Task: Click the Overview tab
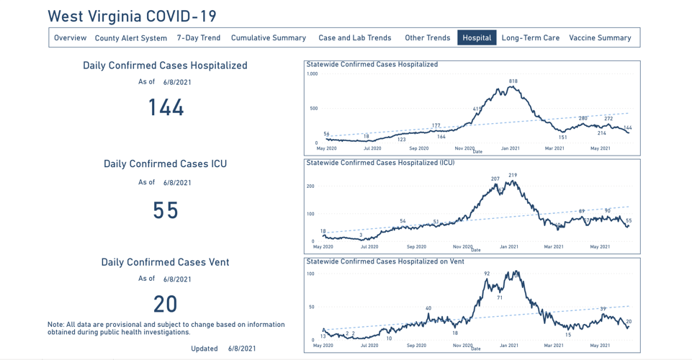(70, 37)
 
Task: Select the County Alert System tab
(130, 38)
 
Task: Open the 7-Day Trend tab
(199, 37)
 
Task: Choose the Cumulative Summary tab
(268, 37)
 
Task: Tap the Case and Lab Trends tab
(354, 37)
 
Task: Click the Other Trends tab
(427, 37)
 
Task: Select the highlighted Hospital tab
(477, 37)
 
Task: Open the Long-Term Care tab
(530, 37)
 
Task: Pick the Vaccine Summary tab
(600, 37)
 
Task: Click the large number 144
(166, 108)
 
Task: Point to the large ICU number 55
(166, 210)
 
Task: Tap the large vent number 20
(166, 304)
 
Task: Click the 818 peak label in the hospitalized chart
(513, 81)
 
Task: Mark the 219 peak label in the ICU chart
(512, 175)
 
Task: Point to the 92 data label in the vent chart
(487, 274)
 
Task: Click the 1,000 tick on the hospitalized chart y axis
(312, 74)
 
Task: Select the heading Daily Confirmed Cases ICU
(165, 164)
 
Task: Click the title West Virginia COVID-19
(132, 16)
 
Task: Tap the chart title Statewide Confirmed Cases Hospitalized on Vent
(385, 261)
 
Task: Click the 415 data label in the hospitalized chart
(477, 109)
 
